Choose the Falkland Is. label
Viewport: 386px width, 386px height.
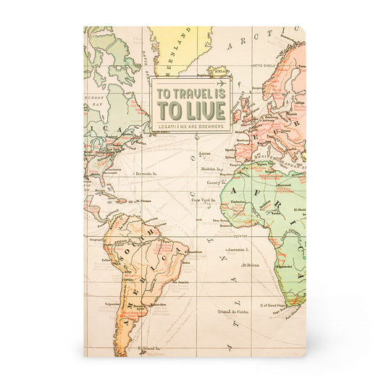point(150,349)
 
